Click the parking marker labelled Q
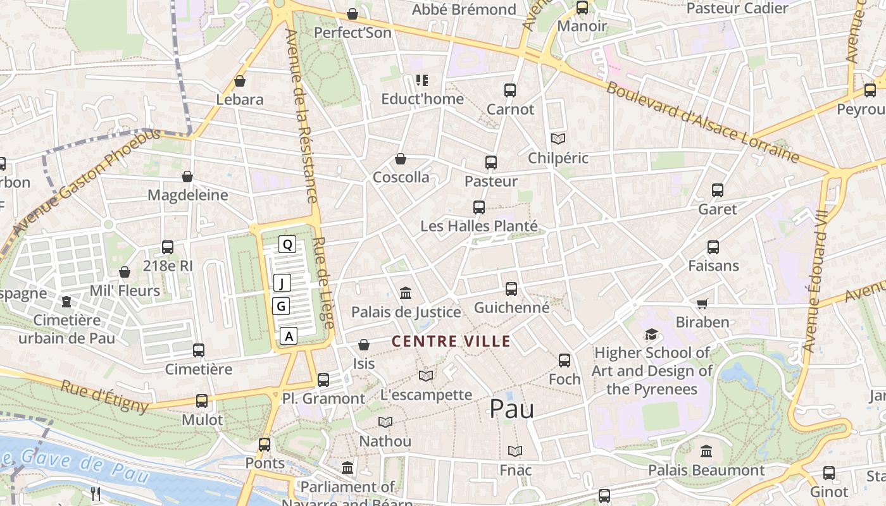(x=287, y=244)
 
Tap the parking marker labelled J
(x=282, y=283)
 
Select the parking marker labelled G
(x=282, y=307)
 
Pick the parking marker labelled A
(x=289, y=336)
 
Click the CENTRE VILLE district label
(x=451, y=342)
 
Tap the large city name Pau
(x=511, y=409)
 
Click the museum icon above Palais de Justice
(x=406, y=293)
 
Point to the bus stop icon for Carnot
(x=510, y=90)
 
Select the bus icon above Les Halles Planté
(x=479, y=207)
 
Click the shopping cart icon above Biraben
(x=702, y=304)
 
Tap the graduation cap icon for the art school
(x=651, y=334)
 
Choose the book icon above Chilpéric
(x=558, y=139)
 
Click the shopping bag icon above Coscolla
(x=401, y=159)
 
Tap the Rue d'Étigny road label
(x=104, y=396)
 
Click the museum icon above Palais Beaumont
(x=706, y=452)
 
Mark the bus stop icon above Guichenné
(x=511, y=289)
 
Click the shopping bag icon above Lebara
(x=240, y=81)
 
